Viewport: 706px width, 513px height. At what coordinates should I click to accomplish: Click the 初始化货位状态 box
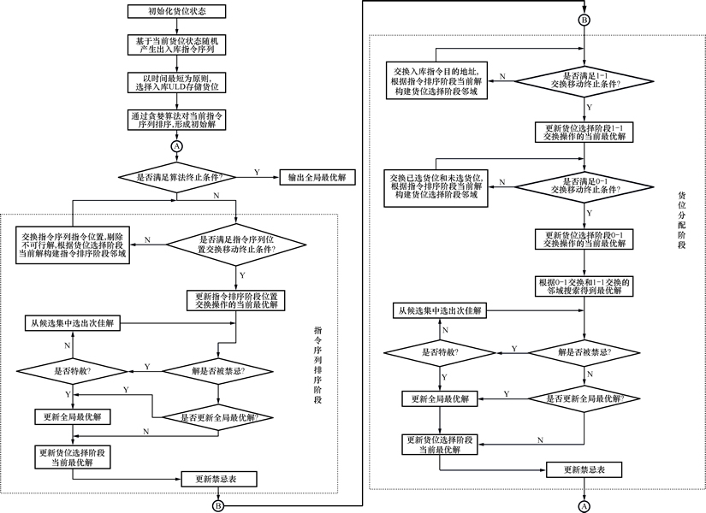click(x=178, y=12)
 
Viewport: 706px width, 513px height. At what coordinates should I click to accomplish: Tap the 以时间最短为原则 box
click(x=177, y=83)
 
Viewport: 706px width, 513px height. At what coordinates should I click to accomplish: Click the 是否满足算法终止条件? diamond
click(x=177, y=178)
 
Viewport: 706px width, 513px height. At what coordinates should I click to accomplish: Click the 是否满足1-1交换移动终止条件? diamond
click(x=584, y=81)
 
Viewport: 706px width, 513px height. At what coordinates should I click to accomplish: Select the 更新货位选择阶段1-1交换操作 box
click(x=584, y=132)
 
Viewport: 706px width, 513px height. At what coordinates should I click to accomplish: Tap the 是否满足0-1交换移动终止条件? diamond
click(x=584, y=185)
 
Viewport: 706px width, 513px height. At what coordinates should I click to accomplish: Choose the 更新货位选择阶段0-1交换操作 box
click(x=584, y=239)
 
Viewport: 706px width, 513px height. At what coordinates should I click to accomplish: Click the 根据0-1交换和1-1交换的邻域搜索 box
click(x=584, y=285)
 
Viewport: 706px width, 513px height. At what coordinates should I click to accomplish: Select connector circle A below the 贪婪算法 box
click(x=177, y=147)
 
